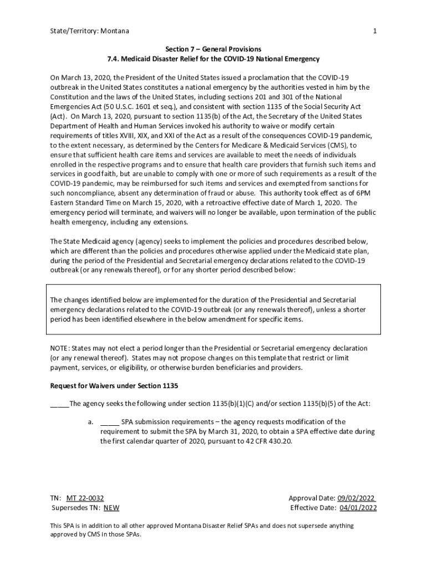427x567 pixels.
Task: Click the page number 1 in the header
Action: pos(375,31)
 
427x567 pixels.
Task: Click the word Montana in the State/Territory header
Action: pos(115,31)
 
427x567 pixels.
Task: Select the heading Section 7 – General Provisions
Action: pos(213,49)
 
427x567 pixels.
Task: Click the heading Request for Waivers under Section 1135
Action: pos(114,386)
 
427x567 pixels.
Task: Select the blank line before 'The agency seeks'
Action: pos(59,404)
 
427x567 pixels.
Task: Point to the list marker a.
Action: pos(90,422)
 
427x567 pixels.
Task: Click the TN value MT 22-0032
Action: pos(85,498)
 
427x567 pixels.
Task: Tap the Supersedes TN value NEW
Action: pos(111,508)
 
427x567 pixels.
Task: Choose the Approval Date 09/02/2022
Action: pos(357,498)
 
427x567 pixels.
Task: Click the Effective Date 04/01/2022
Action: pos(358,508)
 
